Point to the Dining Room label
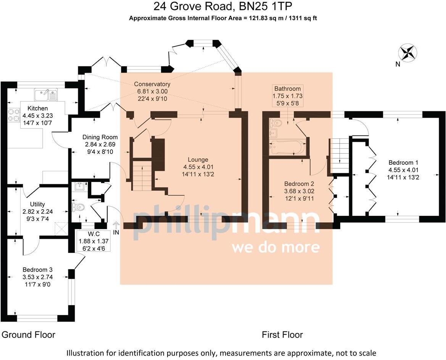(100, 137)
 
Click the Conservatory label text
(152, 84)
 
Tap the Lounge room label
(197, 159)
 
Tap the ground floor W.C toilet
(79, 207)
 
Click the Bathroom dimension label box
(286, 96)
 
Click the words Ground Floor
(29, 335)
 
